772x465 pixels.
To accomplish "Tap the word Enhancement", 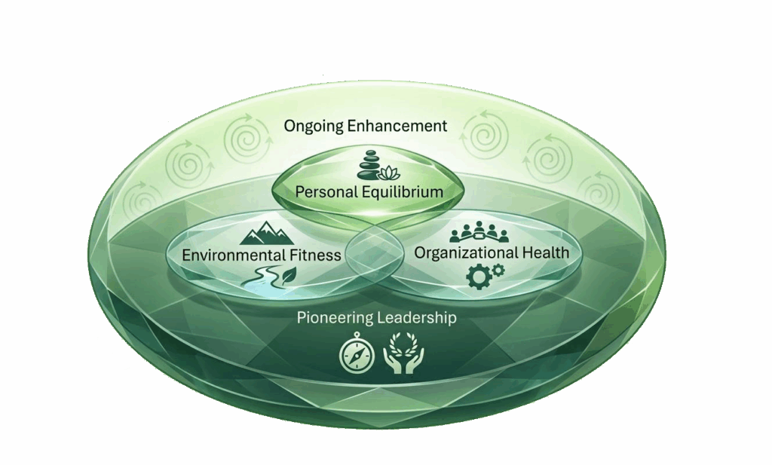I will click(x=400, y=126).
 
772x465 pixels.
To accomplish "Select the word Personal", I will click(x=326, y=192).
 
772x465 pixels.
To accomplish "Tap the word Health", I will click(x=544, y=253).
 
